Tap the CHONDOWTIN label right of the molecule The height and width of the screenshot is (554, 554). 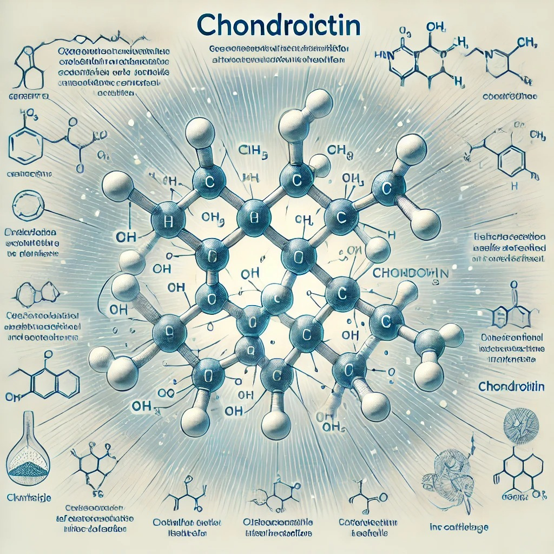411,273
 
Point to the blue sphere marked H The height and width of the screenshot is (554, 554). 168,221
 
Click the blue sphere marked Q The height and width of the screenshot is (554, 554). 249,349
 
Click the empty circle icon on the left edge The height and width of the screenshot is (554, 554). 27,203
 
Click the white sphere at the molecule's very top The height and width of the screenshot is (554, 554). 319,103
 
